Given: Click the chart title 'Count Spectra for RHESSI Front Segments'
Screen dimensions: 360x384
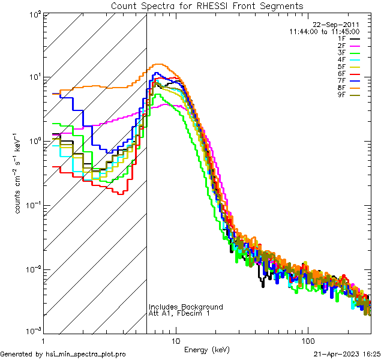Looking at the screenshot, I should coord(207,6).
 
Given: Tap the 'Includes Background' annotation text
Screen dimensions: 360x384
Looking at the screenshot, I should coord(186,307).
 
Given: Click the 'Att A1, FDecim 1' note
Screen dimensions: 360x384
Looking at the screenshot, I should coord(180,314).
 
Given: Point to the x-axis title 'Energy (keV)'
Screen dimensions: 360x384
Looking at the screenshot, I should coord(207,349).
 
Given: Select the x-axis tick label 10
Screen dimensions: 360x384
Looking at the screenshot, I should coord(176,340).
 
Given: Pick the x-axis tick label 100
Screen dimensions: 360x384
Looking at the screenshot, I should coord(307,340).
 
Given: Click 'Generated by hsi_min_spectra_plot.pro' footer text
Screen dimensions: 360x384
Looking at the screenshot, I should coord(63,355).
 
